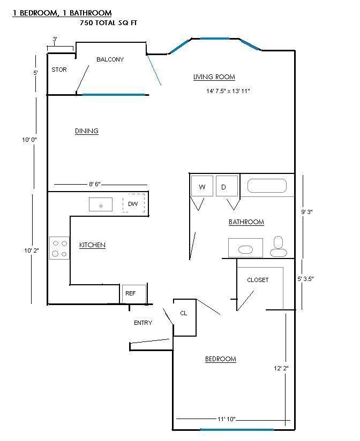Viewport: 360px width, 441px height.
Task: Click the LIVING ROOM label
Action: pyautogui.click(x=214, y=77)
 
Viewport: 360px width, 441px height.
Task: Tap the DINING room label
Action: pyautogui.click(x=87, y=131)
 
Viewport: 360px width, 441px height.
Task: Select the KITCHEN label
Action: pyautogui.click(x=92, y=245)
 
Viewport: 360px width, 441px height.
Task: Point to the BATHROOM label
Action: pyautogui.click(x=246, y=222)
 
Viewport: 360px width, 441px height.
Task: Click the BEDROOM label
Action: pyautogui.click(x=220, y=359)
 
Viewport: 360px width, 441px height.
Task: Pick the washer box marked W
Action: pyautogui.click(x=202, y=186)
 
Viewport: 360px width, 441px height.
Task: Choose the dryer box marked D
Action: pyautogui.click(x=227, y=186)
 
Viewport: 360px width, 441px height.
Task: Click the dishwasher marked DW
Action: pyautogui.click(x=133, y=203)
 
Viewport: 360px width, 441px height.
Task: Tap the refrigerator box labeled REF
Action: pyautogui.click(x=134, y=294)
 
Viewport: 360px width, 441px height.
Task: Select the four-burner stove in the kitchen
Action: pyautogui.click(x=59, y=248)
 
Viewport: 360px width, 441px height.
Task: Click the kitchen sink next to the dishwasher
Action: pyautogui.click(x=101, y=204)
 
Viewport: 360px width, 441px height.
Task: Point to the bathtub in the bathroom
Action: pyautogui.click(x=267, y=186)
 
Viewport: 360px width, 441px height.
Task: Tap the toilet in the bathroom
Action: pyautogui.click(x=279, y=246)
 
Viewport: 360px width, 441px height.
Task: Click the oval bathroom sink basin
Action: pyautogui.click(x=245, y=249)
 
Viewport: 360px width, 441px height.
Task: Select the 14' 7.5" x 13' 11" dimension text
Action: pyautogui.click(x=228, y=91)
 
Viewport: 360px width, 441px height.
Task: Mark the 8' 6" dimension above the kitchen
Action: pyautogui.click(x=95, y=184)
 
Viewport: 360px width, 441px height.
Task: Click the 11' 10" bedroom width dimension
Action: pyautogui.click(x=226, y=419)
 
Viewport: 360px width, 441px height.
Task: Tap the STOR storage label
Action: pyautogui.click(x=59, y=70)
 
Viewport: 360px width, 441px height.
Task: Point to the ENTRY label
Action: pyautogui.click(x=143, y=323)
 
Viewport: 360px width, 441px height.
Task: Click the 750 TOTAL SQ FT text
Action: pyautogui.click(x=108, y=23)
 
